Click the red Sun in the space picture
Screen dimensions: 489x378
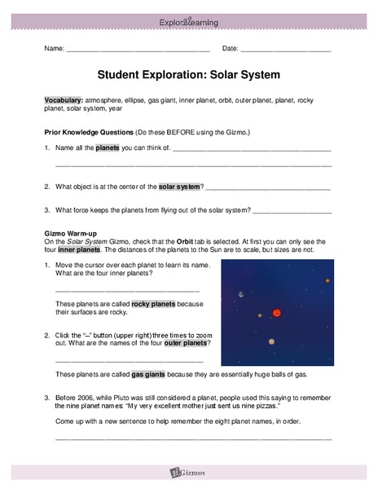(276, 312)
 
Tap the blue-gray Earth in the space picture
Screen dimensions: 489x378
(240, 294)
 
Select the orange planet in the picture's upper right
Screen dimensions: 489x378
(327, 280)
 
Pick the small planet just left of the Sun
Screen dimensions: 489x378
(260, 315)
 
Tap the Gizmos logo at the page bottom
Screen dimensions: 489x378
(189, 472)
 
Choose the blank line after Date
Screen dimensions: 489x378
(286, 49)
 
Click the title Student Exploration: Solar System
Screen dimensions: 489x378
(188, 74)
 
